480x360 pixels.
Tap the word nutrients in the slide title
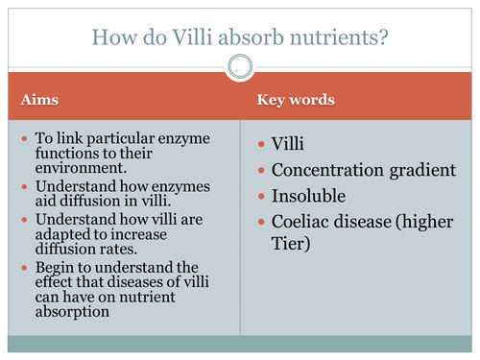[340, 36]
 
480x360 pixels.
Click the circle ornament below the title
[240, 66]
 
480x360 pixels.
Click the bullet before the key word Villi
[262, 146]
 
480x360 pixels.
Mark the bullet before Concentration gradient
[262, 171]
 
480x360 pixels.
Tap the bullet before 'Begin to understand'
[24, 266]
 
